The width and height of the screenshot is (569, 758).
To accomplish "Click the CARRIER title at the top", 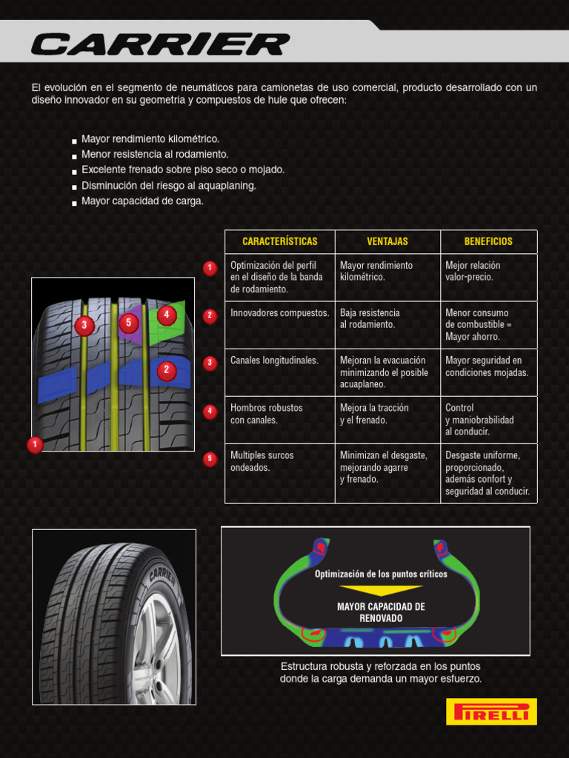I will tap(159, 44).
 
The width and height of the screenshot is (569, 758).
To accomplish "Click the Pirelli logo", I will tap(491, 711).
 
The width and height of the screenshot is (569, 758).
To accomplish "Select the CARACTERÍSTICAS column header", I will tap(279, 241).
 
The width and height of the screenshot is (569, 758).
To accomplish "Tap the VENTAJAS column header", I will tap(387, 241).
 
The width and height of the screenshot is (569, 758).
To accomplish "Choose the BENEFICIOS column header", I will tap(488, 241).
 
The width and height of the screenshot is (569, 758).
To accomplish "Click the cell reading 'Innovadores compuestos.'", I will tap(279, 313).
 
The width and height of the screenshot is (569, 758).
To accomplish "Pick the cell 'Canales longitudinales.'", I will tap(274, 360).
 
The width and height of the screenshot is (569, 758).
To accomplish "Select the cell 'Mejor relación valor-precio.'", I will tap(473, 271).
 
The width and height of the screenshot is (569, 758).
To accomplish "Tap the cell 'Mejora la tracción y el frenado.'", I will tap(374, 414).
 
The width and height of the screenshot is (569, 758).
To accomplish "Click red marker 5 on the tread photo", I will tap(129, 323).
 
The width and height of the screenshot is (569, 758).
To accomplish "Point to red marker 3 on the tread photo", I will tap(84, 324).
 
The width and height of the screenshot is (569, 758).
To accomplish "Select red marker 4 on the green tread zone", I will tap(167, 315).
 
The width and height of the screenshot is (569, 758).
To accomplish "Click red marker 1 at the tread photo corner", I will tap(34, 445).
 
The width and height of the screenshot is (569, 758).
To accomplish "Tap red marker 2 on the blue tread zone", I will tap(167, 369).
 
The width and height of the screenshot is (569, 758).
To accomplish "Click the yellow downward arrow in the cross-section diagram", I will tap(381, 590).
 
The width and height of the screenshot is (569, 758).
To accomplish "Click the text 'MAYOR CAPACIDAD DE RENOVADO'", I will tap(381, 612).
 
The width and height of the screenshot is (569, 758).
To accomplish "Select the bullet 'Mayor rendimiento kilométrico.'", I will tap(150, 139).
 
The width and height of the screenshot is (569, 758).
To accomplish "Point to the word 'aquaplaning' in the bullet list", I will tap(225, 186).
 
